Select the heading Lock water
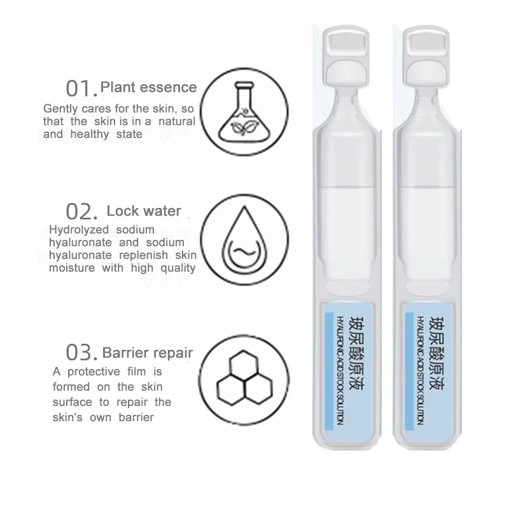tap(144, 211)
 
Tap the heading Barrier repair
tap(148, 352)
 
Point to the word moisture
tap(72, 268)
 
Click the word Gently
tap(62, 108)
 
